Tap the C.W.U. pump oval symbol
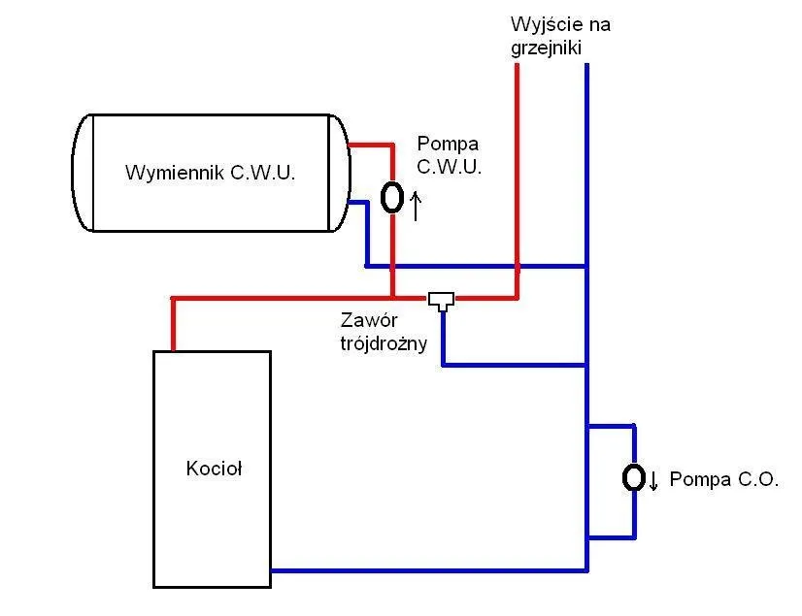coord(391,197)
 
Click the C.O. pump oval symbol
coord(633,477)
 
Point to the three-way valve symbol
coord(442,300)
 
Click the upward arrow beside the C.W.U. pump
coord(417,205)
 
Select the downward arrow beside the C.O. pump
coord(654,480)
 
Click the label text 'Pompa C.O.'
coord(723,479)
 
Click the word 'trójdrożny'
coord(384,342)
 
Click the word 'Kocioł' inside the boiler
coord(213,470)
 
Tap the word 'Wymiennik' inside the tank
coord(174,174)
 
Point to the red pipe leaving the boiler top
coord(174,325)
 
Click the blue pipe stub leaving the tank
coord(357,203)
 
